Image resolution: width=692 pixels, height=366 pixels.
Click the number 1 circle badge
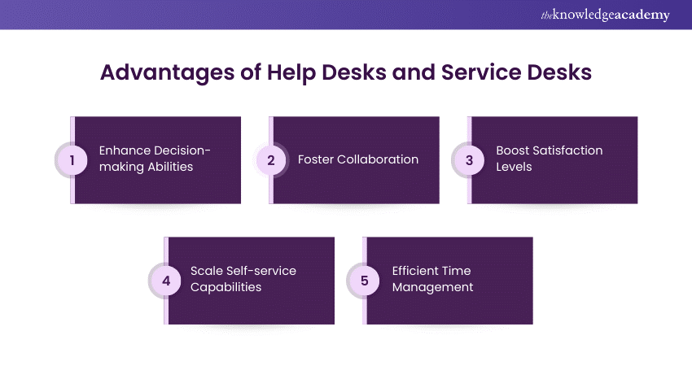coord(72,160)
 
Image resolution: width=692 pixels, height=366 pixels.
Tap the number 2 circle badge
coord(271,160)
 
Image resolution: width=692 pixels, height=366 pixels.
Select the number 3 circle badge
coord(470,160)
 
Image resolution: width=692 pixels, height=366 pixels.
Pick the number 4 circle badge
coord(166,281)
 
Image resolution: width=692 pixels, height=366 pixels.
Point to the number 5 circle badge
coord(365,281)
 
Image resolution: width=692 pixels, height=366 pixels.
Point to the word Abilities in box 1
coord(171,167)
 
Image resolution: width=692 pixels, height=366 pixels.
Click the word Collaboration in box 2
coord(378,159)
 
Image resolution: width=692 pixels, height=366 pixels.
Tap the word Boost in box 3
coord(514,150)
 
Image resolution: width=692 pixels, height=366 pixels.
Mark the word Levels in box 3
coord(515,167)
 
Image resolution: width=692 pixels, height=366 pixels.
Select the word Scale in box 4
coord(207,271)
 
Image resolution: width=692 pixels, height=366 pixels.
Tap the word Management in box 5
coord(432,287)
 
